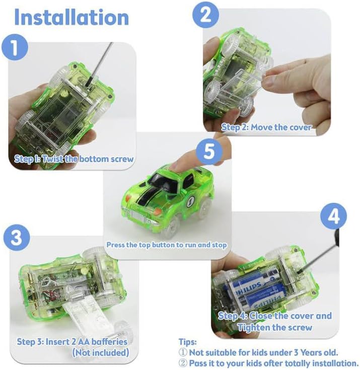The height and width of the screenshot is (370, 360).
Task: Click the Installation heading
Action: (x=71, y=17)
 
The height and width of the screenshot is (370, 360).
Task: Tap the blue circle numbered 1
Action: (x=15, y=47)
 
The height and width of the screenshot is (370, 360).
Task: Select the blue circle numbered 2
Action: (x=205, y=15)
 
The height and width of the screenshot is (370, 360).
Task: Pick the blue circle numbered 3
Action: (x=17, y=238)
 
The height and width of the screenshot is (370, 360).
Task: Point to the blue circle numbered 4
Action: (x=334, y=216)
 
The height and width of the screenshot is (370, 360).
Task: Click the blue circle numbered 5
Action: (x=209, y=151)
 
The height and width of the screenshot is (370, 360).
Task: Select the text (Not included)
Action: (x=101, y=352)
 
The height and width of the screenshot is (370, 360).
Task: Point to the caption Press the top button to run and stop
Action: (x=167, y=245)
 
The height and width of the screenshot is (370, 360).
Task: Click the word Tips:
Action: (x=187, y=342)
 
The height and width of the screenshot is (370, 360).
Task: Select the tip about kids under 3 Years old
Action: (x=258, y=352)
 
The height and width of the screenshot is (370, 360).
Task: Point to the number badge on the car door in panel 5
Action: (x=191, y=201)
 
